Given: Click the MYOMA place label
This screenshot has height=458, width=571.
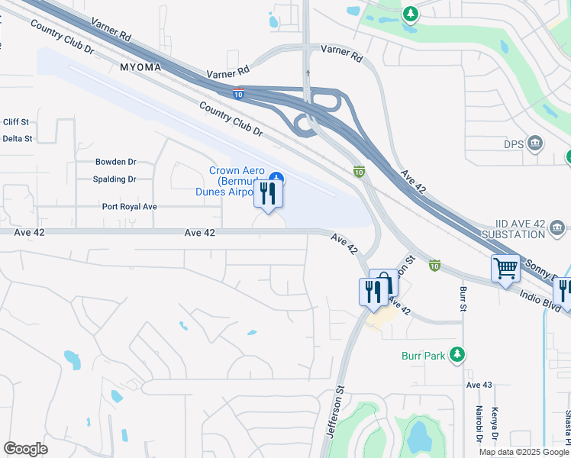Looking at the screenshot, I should tap(140, 67).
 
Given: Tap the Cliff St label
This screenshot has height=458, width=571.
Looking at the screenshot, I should tap(15, 122).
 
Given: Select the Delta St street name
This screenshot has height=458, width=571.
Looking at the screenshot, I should tap(17, 139).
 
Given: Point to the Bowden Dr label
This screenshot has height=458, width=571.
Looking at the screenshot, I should tap(115, 162).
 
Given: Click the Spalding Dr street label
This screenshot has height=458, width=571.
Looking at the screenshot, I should tap(115, 179).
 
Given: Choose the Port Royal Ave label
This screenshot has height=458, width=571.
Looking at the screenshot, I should tap(130, 207).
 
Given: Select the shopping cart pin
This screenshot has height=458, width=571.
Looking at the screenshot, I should tap(505, 269).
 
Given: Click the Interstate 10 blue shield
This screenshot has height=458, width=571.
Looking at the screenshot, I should tap(238, 93).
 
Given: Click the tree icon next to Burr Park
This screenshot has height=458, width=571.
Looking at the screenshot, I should tap(457, 354).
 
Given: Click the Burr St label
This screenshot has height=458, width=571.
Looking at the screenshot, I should tap(463, 298).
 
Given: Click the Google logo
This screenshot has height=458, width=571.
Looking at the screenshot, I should tap(25, 449).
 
